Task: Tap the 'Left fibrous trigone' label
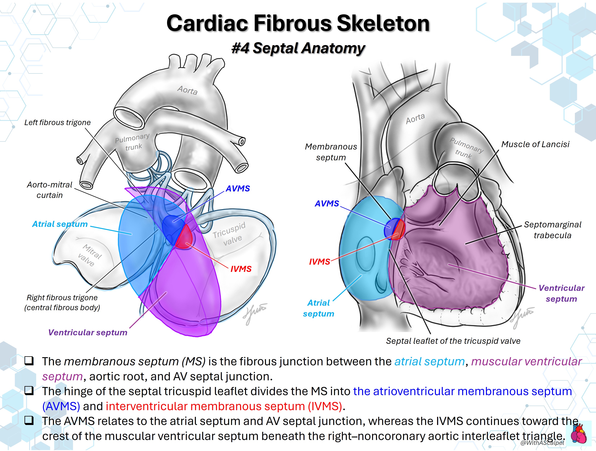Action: pyautogui.click(x=57, y=122)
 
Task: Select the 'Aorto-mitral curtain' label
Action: pyautogui.click(x=50, y=190)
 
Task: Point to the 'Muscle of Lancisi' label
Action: pyautogui.click(x=535, y=144)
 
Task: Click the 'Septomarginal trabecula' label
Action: pyautogui.click(x=552, y=230)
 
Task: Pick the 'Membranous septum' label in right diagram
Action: pyautogui.click(x=331, y=152)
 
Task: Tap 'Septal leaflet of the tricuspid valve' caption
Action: pyautogui.click(x=453, y=341)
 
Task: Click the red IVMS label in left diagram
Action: pyautogui.click(x=241, y=269)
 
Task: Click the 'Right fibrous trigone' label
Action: pyautogui.click(x=62, y=298)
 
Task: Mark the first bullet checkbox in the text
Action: pyautogui.click(x=29, y=361)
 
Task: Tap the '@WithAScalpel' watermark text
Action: pyautogui.click(x=542, y=443)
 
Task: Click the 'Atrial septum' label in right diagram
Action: pyautogui.click(x=318, y=308)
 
